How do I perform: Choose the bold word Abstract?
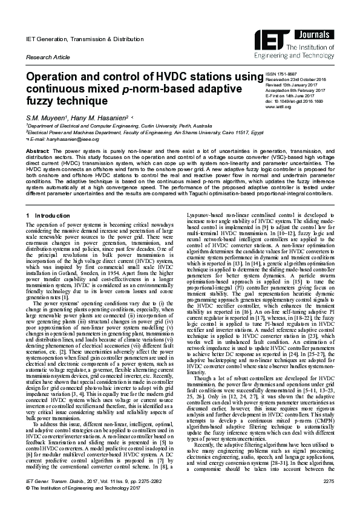pyautogui.click(x=36, y=149)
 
